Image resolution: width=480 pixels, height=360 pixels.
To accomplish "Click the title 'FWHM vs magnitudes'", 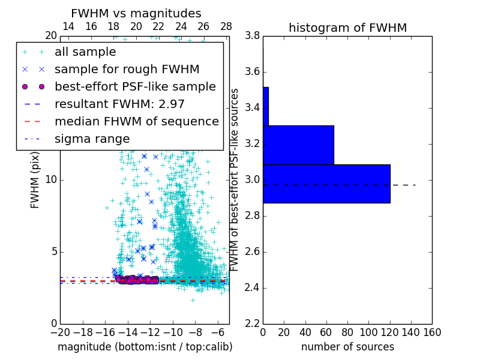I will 136,13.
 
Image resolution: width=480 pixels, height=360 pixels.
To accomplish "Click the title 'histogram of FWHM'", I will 347,28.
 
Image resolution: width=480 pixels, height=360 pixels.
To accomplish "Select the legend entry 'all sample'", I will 85,52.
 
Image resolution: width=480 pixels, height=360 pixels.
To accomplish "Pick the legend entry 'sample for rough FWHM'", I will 127,70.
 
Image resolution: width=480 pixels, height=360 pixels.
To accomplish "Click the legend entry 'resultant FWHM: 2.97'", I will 119,104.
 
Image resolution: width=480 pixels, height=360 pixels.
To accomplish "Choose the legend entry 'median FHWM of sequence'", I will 136,122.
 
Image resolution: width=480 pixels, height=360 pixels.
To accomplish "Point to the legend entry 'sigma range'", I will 92,139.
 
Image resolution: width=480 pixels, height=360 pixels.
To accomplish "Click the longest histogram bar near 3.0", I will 326,184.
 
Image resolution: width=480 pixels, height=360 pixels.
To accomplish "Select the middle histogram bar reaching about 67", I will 298,145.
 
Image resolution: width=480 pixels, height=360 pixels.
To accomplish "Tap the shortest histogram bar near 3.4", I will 266,106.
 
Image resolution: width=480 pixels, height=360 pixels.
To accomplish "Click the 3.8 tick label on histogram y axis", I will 253,36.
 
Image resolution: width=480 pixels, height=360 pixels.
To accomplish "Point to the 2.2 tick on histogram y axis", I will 253,323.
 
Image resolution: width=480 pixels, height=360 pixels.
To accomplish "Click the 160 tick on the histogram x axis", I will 432,332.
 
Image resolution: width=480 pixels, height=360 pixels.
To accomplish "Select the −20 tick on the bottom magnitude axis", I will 60,332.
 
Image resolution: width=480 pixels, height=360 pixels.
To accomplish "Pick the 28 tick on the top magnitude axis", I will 226,27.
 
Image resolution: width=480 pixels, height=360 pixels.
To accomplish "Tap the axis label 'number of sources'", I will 347,347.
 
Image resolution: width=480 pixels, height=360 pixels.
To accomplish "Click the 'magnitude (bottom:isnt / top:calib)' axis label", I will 145,347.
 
